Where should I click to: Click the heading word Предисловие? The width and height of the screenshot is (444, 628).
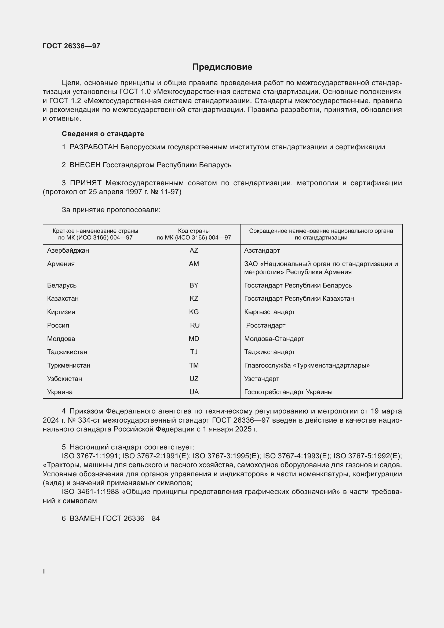222,67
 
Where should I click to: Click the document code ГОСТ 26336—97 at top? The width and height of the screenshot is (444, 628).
71,46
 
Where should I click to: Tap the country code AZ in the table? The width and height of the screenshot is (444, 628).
194,251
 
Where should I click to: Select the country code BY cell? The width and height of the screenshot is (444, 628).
194,285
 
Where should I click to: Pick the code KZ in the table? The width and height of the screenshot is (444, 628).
194,298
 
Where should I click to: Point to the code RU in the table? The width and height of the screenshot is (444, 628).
195,325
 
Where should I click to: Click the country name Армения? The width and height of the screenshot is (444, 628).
61,264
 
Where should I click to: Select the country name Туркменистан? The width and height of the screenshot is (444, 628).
69,365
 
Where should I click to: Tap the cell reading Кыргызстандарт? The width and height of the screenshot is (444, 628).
269,312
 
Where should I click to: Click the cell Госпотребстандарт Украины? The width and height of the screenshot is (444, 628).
288,392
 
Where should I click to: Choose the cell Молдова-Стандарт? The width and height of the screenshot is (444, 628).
274,339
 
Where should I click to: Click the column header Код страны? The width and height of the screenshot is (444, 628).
194,231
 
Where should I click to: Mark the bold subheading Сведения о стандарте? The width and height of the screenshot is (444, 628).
103,134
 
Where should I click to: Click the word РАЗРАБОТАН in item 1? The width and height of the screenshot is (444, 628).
94,147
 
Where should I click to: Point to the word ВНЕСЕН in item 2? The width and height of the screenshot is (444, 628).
85,165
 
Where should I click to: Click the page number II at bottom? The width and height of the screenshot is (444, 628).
44,571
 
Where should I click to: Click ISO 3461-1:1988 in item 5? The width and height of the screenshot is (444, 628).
90,492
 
